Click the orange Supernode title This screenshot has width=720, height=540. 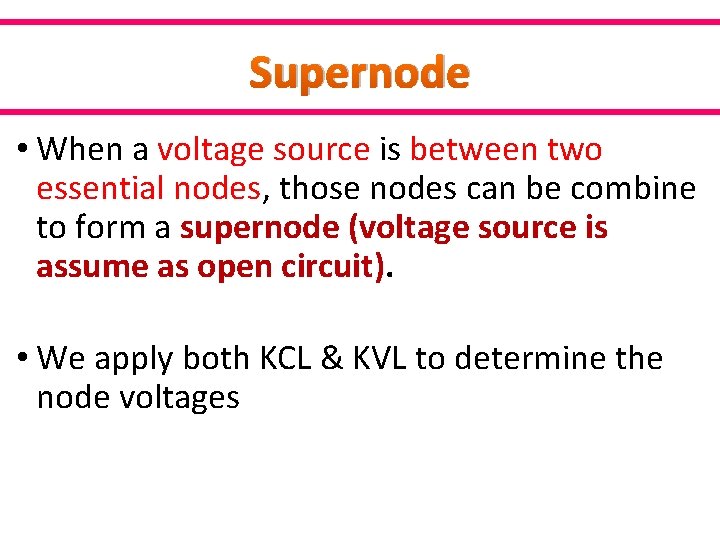point(359,73)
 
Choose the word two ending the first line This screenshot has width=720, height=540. point(574,150)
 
